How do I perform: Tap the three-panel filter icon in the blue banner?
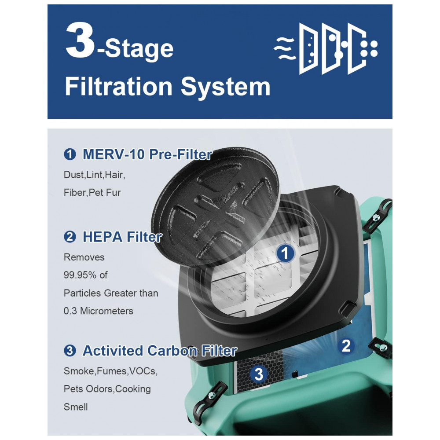pos(333,48)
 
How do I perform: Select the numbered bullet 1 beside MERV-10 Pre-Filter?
pos(70,154)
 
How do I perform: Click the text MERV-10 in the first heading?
pos(114,154)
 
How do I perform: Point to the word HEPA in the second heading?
pos(103,237)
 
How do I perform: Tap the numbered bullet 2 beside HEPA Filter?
pos(70,237)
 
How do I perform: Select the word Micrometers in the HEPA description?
pos(106,311)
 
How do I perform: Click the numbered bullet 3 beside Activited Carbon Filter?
pos(70,351)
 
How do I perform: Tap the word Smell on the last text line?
pos(76,407)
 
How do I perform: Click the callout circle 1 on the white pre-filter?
pos(285,253)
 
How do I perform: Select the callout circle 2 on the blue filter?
pos(346,346)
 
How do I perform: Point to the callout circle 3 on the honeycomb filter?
pos(259,374)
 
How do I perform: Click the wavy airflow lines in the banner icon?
pos(284,48)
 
